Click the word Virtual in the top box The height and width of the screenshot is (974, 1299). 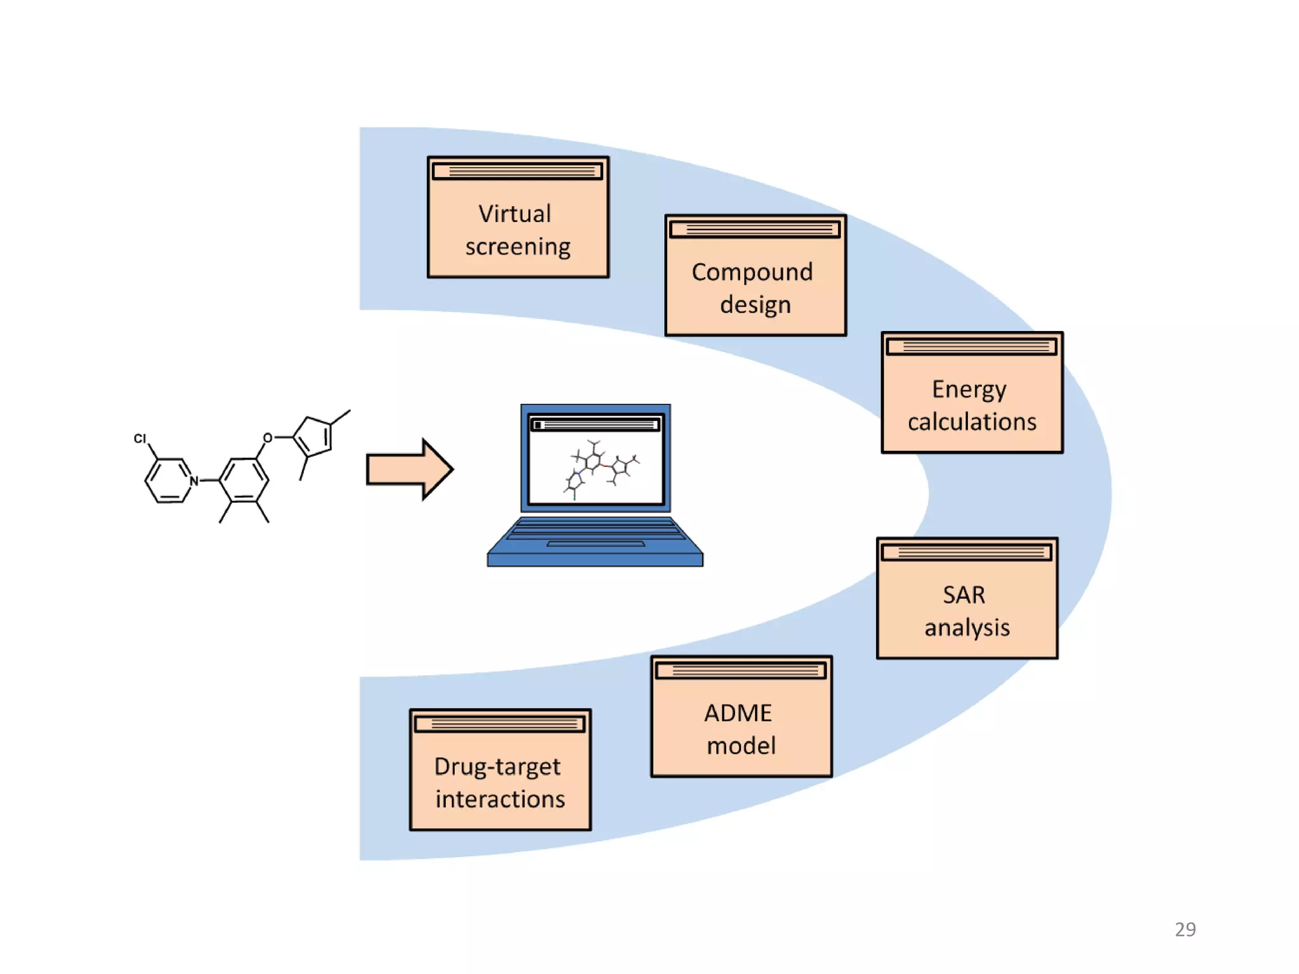(x=514, y=214)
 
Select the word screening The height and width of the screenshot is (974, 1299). (x=518, y=247)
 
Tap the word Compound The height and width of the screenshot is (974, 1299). (x=752, y=272)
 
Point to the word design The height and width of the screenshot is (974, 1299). (x=755, y=305)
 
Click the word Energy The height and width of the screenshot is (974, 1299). (x=969, y=389)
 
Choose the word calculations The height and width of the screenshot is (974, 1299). (x=972, y=422)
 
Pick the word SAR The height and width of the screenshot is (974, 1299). (x=964, y=595)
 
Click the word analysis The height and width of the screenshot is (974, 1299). (x=967, y=628)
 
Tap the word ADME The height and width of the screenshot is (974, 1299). (x=738, y=713)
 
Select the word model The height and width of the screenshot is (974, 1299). (x=741, y=746)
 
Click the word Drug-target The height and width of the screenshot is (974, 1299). (x=497, y=767)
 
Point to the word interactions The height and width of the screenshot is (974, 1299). (x=500, y=800)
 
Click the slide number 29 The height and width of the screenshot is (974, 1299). (x=1185, y=930)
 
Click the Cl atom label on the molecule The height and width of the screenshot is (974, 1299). (x=140, y=438)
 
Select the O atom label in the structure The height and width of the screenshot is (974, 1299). (x=268, y=438)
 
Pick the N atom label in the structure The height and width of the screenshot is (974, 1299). (x=194, y=481)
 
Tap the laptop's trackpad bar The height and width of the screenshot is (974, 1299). (x=596, y=543)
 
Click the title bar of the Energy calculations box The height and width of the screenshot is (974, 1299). (x=972, y=346)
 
